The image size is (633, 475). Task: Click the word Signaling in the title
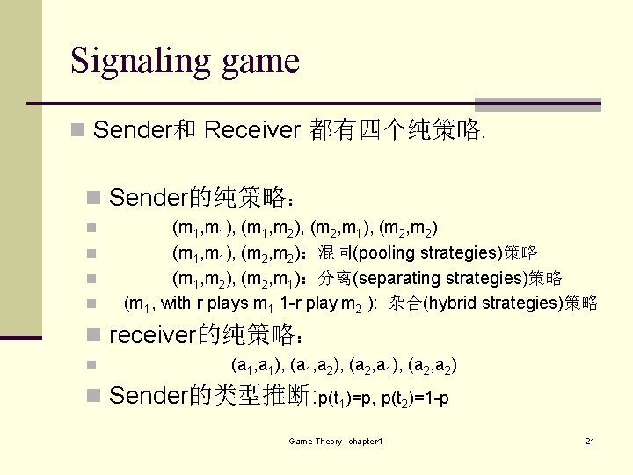[x=133, y=61]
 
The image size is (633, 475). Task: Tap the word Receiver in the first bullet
[x=252, y=131]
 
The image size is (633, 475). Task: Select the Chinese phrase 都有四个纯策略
[x=394, y=131]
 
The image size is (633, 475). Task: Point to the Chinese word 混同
[x=334, y=254]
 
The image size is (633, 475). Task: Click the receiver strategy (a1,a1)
[x=253, y=364]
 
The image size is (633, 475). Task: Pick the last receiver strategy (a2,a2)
[x=434, y=364]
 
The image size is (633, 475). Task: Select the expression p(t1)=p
[x=348, y=398]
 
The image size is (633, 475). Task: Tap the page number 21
[x=589, y=440]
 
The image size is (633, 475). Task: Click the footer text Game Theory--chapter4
[x=335, y=440]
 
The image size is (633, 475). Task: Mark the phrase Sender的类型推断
[x=211, y=397]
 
